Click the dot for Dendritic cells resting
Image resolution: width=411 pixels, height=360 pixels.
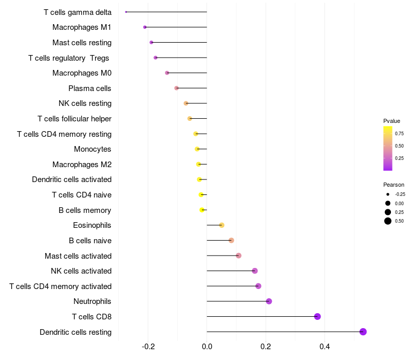(x=363, y=332)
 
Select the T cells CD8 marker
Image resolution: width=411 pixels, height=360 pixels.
(x=317, y=316)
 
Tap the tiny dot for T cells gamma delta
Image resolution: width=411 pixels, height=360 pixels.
(x=126, y=12)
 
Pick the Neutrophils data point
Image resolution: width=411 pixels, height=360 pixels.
(x=269, y=301)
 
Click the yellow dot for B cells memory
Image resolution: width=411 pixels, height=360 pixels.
(x=202, y=210)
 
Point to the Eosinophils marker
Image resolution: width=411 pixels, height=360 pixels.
(x=221, y=225)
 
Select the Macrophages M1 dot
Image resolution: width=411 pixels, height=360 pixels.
(x=145, y=27)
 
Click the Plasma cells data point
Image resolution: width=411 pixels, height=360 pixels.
(x=176, y=88)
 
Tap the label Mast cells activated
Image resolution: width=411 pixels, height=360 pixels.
(x=78, y=256)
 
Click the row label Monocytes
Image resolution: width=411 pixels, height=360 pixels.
(x=92, y=149)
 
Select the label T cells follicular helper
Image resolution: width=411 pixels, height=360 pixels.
(x=74, y=119)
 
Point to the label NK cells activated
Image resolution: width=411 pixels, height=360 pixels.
(x=81, y=271)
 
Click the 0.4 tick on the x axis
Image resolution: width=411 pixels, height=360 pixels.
(x=325, y=347)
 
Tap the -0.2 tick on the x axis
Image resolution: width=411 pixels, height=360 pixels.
(x=148, y=347)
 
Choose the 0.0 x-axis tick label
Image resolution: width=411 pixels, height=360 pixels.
(x=207, y=347)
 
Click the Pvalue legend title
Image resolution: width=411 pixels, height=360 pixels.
(x=391, y=121)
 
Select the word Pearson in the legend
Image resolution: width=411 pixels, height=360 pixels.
(x=394, y=185)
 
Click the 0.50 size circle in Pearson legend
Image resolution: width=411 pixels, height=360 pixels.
(x=388, y=221)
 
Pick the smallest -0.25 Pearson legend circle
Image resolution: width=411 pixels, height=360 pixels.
(x=388, y=194)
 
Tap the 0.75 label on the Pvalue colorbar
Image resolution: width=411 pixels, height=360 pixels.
(x=399, y=134)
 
